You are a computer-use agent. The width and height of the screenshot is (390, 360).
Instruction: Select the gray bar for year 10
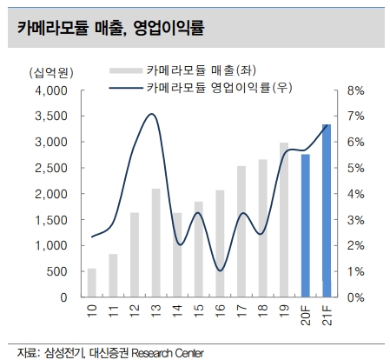(92, 283)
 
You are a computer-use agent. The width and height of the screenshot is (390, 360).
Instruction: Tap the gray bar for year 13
(155, 243)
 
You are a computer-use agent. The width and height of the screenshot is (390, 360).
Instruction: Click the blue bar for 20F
(306, 225)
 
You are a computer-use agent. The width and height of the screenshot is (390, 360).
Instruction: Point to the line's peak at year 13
(153, 114)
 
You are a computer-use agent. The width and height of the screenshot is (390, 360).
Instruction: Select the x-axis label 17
(241, 310)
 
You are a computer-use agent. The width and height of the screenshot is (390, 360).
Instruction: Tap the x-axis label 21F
(327, 313)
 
